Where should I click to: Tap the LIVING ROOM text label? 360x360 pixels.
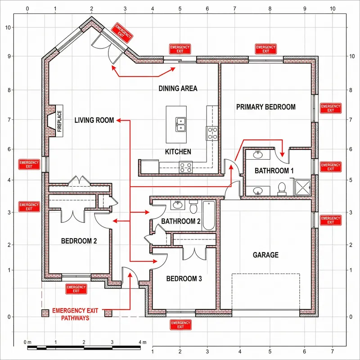click(94, 120)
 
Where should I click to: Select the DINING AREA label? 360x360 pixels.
click(178, 89)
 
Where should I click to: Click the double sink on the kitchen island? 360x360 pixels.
click(182, 124)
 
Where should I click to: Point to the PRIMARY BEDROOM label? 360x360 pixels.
click(266, 107)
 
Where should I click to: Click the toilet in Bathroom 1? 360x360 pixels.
click(282, 188)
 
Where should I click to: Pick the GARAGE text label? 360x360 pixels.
click(265, 255)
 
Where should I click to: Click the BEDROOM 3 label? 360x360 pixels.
click(184, 279)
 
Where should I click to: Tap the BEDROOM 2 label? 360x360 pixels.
click(79, 241)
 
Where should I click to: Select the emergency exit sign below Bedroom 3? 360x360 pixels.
click(180, 324)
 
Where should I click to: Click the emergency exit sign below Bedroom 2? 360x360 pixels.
click(76, 288)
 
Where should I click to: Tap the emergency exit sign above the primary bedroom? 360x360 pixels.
click(265, 49)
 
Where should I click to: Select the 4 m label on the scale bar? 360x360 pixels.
click(142, 342)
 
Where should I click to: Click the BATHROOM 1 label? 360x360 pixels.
click(274, 171)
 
